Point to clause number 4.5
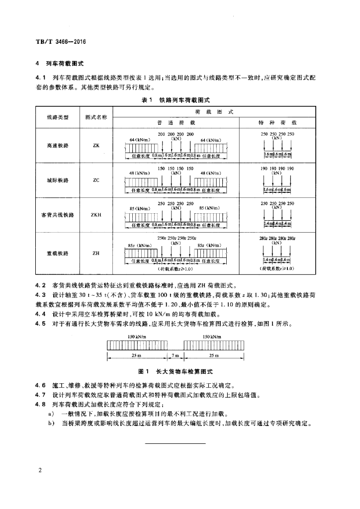(40, 324)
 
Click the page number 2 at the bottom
(38, 470)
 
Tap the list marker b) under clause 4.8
(51, 424)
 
